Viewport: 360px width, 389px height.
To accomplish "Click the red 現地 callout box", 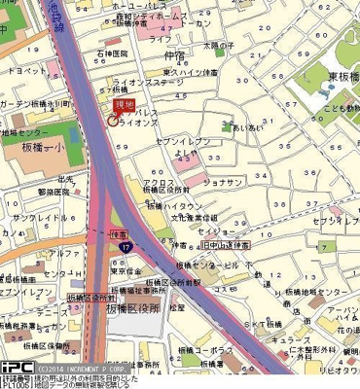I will click(124, 104).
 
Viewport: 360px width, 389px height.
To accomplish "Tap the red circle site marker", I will click(112, 123).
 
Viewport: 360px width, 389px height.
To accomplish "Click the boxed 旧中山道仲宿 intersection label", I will click(232, 247).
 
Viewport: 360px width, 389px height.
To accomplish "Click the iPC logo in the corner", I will click(17, 370).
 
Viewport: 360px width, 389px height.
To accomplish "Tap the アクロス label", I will click(159, 182).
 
